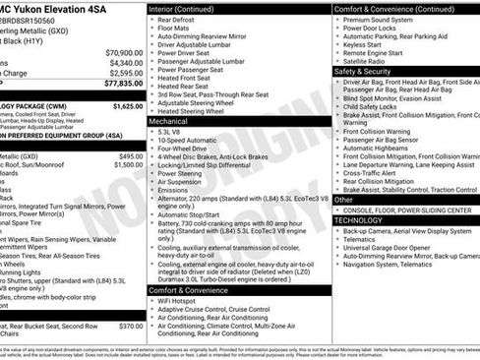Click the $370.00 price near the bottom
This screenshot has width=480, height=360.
[130, 327]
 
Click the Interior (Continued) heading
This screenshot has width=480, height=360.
[182, 8]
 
